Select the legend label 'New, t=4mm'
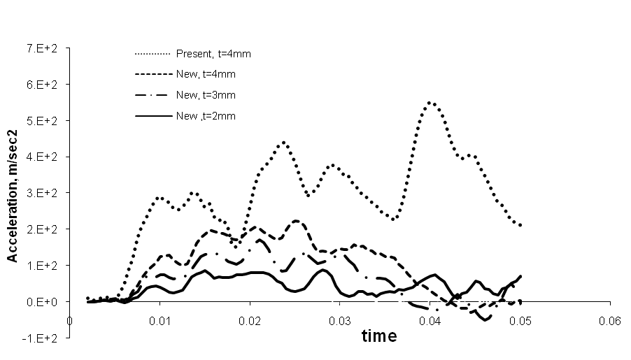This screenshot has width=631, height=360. [x=207, y=73]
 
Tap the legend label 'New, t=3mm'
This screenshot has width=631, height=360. [x=207, y=95]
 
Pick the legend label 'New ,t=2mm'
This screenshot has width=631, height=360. [x=207, y=117]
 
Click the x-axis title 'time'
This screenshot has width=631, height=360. [x=379, y=336]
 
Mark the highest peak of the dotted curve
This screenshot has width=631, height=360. [x=431, y=103]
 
